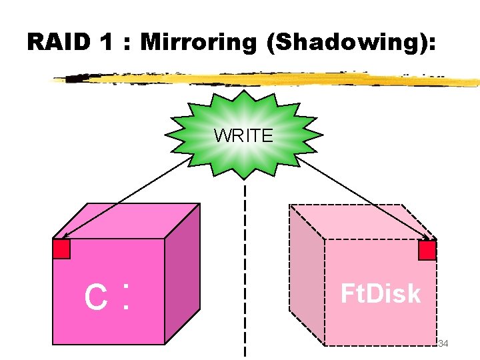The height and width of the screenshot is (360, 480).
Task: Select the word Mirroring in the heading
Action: pyautogui.click(x=198, y=42)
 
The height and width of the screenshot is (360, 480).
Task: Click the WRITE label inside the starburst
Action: pyautogui.click(x=243, y=136)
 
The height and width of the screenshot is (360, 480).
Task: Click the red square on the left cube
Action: pyautogui.click(x=61, y=249)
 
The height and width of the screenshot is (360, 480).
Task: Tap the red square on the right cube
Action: pyautogui.click(x=427, y=250)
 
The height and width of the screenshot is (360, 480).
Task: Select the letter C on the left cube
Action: pyautogui.click(x=96, y=298)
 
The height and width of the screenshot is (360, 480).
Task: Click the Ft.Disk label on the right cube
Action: pyautogui.click(x=380, y=293)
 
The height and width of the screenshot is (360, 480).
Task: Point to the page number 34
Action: pyautogui.click(x=443, y=343)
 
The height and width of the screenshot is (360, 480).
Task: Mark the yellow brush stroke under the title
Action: pyautogui.click(x=267, y=79)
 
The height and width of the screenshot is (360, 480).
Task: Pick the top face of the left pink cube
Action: pyautogui.click(x=127, y=220)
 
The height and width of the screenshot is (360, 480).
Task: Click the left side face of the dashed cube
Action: pyautogui.click(x=306, y=273)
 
